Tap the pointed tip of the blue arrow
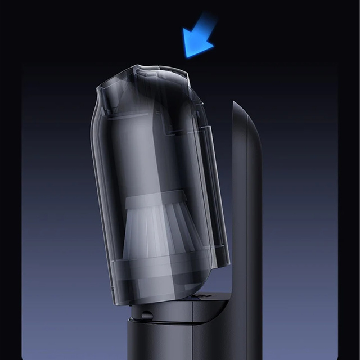pyautogui.click(x=186, y=55)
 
